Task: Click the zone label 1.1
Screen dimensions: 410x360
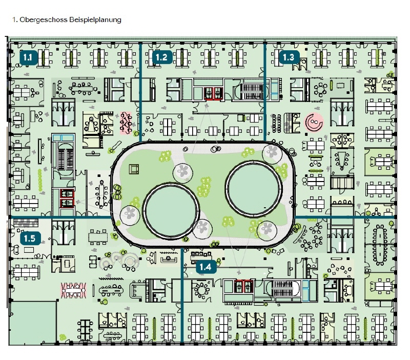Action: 28,57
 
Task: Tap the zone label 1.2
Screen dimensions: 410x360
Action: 162,57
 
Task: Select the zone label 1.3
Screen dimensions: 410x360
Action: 289,57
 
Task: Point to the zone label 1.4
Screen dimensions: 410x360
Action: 206,267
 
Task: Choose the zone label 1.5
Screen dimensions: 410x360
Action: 30,238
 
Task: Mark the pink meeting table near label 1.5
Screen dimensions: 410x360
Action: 73,290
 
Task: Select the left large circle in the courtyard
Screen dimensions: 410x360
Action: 170,211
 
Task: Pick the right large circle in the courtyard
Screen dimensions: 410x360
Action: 254,189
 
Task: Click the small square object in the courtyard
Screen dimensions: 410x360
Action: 134,169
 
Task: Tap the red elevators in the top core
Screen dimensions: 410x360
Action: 213,93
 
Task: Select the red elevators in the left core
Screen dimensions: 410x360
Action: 67,198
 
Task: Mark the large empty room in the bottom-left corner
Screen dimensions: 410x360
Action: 33,323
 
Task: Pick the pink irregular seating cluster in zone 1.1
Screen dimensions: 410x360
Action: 126,123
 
